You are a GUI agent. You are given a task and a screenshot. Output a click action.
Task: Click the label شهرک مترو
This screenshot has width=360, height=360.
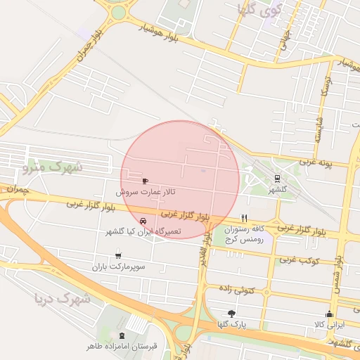(x=52, y=167)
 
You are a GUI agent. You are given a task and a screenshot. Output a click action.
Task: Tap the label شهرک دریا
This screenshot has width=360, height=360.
(x=63, y=300)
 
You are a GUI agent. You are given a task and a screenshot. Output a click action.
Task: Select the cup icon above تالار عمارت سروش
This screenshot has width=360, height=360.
(x=146, y=180)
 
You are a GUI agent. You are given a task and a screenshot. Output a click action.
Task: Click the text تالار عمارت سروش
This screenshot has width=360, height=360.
(x=146, y=191)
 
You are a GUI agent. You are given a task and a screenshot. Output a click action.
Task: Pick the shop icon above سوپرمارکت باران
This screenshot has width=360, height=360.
(x=117, y=255)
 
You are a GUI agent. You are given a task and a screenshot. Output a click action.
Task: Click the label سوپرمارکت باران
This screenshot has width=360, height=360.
(x=117, y=267)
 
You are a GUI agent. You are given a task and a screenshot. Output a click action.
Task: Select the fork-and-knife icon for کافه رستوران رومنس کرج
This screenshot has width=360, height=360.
(x=244, y=218)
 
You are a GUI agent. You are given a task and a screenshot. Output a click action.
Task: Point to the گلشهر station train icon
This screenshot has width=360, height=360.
(x=277, y=179)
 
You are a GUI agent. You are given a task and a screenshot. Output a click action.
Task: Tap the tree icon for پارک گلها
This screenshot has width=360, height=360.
(x=231, y=313)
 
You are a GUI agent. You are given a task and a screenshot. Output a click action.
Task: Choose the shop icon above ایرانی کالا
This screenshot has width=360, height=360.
(x=329, y=314)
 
